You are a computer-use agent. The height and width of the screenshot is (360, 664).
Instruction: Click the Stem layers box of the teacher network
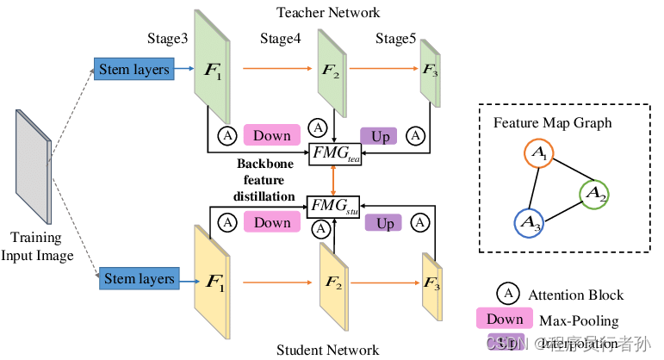[133, 68]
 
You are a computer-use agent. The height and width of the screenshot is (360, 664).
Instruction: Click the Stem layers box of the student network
[140, 279]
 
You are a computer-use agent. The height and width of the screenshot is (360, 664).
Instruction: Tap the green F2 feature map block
[332, 72]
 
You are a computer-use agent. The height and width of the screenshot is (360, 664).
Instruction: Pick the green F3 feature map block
[428, 72]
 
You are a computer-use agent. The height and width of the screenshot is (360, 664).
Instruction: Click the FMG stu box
[335, 207]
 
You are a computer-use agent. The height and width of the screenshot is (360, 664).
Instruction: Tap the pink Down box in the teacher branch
[272, 135]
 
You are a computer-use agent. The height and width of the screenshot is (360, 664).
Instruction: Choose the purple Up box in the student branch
[385, 223]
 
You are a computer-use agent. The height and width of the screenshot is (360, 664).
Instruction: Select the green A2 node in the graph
[595, 196]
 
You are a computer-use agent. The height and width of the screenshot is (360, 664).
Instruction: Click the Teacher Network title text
[327, 12]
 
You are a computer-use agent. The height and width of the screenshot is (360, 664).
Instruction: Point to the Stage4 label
[284, 40]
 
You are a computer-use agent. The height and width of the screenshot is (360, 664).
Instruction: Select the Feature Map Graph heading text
[552, 122]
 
